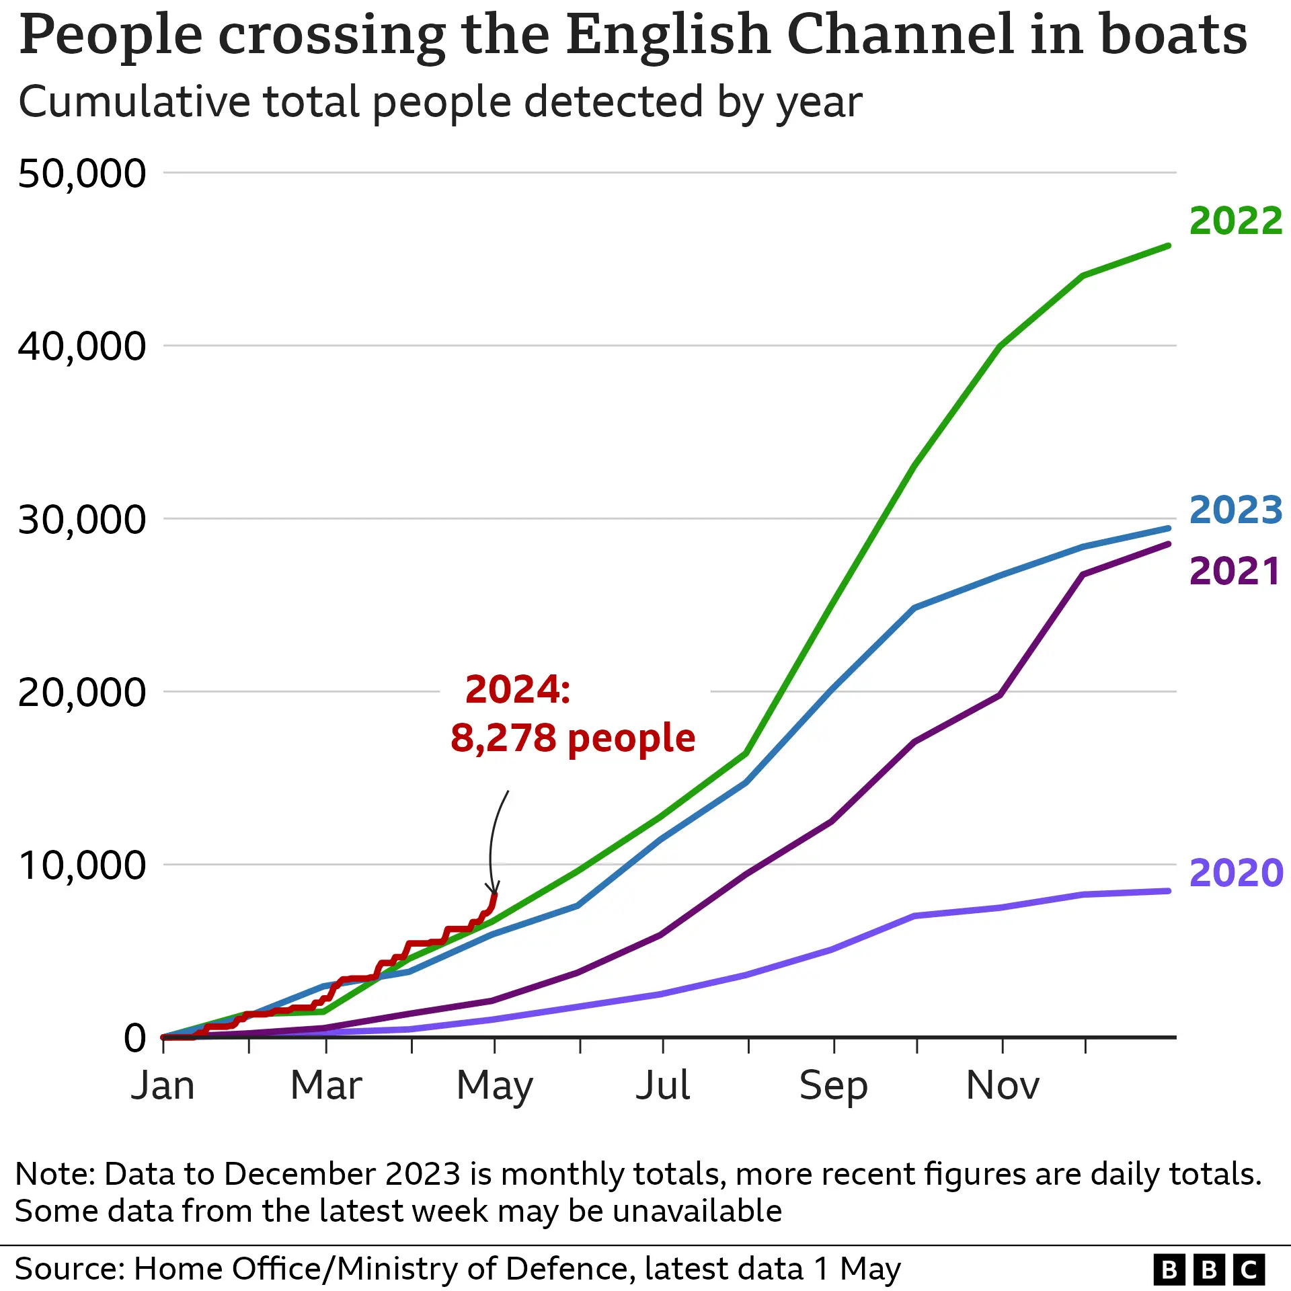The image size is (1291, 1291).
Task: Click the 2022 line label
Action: (x=1235, y=221)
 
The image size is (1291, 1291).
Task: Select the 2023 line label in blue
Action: (x=1235, y=510)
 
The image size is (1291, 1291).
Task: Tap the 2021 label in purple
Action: (x=1234, y=572)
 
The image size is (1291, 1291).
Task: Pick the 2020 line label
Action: (x=1236, y=873)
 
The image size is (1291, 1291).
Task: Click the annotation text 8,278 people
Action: (x=572, y=738)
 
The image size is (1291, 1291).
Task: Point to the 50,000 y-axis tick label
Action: (x=81, y=173)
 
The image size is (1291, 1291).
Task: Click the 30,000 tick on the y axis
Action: (x=81, y=520)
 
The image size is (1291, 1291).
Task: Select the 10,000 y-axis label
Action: (x=81, y=865)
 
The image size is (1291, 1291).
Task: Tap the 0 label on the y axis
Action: (x=134, y=1038)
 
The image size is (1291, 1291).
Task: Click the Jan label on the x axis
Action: (x=163, y=1086)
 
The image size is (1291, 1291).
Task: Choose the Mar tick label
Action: (x=326, y=1086)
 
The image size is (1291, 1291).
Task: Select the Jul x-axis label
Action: (x=662, y=1086)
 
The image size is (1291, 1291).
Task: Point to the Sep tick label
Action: (x=833, y=1086)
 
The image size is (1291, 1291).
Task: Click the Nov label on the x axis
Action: (x=1003, y=1086)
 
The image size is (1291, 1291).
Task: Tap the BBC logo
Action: (x=1209, y=1269)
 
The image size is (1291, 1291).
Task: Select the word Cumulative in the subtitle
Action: (x=134, y=102)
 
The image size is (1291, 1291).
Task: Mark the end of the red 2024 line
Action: (x=496, y=895)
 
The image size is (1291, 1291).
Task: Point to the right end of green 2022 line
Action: (x=1169, y=246)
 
